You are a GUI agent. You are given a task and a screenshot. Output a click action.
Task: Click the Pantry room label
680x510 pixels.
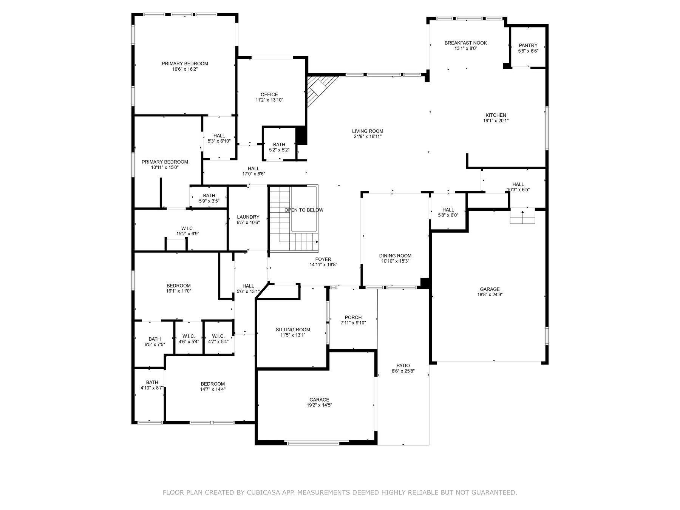pos(528,45)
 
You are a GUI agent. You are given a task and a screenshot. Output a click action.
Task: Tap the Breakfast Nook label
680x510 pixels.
pos(465,43)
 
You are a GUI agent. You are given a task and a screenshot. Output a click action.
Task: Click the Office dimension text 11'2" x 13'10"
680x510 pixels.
pos(269,100)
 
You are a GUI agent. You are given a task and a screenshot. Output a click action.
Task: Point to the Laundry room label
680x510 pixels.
pos(248,217)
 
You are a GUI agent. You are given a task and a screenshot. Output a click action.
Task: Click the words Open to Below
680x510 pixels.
pos(304,210)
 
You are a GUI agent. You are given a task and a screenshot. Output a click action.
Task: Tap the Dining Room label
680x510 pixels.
pos(395,256)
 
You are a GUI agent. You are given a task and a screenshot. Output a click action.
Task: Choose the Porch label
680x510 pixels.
pos(353,317)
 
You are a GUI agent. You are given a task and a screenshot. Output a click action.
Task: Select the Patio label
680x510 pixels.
pos(403,365)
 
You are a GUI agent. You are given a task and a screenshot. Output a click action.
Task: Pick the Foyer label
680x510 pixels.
pos(323,259)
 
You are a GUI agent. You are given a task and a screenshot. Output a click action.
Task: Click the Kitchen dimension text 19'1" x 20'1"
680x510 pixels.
pos(496,121)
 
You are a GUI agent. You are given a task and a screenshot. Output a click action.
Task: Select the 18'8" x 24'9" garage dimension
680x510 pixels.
pos(490,295)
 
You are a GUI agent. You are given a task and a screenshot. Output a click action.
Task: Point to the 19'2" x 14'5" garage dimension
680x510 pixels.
pos(319,405)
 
